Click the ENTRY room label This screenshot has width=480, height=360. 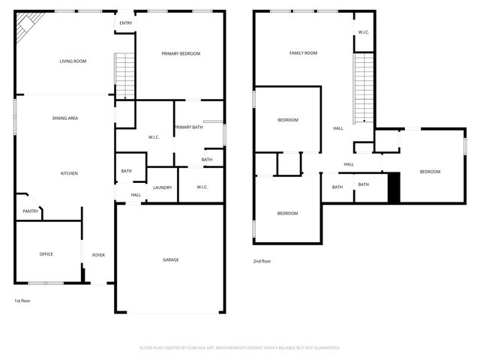tap(126, 23)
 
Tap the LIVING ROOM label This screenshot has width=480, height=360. tap(73, 61)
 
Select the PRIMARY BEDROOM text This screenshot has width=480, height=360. tap(181, 53)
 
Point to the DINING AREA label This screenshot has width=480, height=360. tap(65, 118)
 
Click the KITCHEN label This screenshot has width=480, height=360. tap(69, 173)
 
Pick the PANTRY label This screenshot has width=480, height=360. tap(31, 211)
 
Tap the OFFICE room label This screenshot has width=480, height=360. tap(46, 254)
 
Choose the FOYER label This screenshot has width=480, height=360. tap(98, 255)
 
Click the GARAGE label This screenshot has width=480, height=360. tap(171, 260)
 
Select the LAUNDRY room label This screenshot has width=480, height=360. tap(163, 187)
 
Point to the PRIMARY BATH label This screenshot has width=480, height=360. tap(188, 127)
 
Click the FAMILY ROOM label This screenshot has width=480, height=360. tap(303, 53)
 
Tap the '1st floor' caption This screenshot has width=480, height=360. tap(22, 301)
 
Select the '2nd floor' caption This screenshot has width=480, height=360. tap(262, 261)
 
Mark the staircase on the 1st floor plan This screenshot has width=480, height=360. tap(124, 76)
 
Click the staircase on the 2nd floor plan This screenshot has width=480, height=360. tap(364, 88)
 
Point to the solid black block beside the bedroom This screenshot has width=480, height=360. tap(394, 187)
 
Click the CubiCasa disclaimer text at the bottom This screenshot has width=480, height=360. tap(240, 348)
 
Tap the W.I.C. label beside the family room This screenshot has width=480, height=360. tap(364, 32)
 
